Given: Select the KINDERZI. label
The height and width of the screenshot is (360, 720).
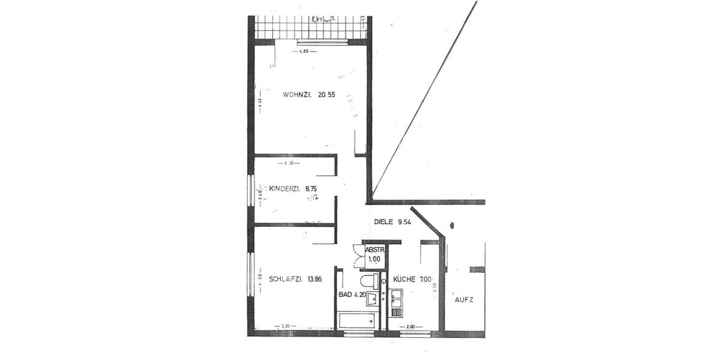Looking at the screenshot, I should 285,189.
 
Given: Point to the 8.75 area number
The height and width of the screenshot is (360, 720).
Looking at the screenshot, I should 311,189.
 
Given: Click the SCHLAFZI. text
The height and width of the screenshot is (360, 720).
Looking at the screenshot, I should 286,279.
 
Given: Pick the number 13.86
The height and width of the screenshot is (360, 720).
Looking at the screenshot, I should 316,279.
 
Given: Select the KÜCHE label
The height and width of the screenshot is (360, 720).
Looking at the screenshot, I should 405,279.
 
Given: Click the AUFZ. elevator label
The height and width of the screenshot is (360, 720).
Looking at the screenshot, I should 465,299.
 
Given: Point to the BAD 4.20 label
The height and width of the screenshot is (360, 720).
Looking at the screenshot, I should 352,295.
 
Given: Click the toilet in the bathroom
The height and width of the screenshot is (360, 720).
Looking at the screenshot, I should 367,281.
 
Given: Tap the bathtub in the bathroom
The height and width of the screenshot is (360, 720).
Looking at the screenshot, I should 358,321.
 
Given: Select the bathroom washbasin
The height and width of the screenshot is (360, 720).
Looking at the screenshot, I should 373,298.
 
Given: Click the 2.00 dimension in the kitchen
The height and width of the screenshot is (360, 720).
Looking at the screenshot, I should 410,327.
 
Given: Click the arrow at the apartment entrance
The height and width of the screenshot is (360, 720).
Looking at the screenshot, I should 452,226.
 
